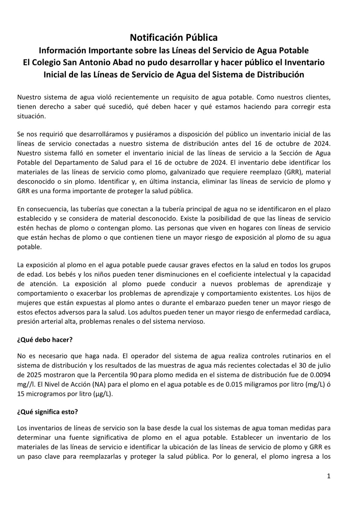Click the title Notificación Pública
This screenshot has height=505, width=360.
point(174,37)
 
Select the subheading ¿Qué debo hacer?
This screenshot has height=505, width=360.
point(45,340)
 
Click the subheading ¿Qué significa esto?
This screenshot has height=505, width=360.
point(47,412)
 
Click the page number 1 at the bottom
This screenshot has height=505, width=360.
point(329,476)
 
